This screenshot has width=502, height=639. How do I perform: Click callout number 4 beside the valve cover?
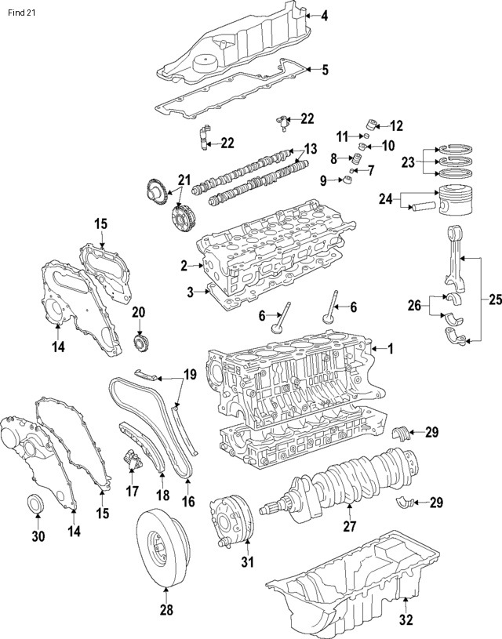coord(325,15)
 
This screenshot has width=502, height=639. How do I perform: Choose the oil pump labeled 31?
coord(230,519)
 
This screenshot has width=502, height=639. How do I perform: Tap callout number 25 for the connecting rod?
coord(491,300)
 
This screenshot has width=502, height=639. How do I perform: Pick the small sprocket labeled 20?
coord(140,343)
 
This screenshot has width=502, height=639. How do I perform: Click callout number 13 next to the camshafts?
coord(311,149)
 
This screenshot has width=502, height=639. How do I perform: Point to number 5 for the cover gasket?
coord(325,71)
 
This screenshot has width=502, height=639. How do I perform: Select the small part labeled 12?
coord(372,123)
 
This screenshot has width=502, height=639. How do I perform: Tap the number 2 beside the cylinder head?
coord(184,267)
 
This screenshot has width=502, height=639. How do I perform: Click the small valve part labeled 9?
coord(346,183)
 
